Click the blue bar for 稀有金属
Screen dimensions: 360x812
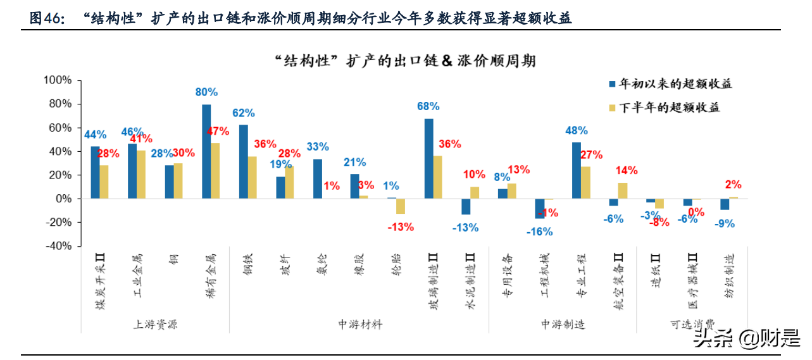pos(206,152)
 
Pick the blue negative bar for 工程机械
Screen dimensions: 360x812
pos(540,208)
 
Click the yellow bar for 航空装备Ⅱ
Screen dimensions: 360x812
pos(622,191)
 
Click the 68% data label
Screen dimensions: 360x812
pos(428,106)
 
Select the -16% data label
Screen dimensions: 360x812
pos(539,232)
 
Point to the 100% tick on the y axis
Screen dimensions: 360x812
pos(58,80)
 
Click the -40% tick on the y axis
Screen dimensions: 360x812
pos(58,246)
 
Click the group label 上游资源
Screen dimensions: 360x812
pos(155,324)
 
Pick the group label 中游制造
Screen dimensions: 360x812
pos(563,324)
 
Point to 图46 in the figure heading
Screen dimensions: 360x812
pos(47,19)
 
